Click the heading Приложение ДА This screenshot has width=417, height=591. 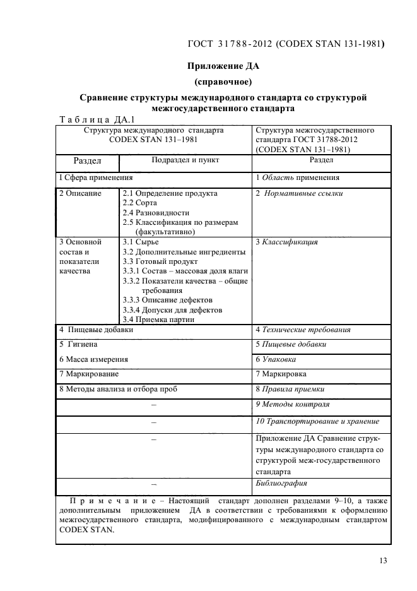[223, 66]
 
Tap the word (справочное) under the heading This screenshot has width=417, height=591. [223, 81]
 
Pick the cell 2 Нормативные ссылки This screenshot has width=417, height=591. [299, 194]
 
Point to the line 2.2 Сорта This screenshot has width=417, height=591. [140, 203]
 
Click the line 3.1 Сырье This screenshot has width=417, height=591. [141, 242]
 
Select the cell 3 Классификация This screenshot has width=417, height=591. [286, 242]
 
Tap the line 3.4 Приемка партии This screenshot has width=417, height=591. [158, 319]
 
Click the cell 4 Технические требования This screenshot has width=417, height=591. [303, 330]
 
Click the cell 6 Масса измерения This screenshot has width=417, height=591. [93, 359]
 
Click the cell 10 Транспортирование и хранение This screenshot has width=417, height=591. [317, 421]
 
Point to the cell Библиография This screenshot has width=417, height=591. [281, 484]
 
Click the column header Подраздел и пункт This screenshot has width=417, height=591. [185, 160]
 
